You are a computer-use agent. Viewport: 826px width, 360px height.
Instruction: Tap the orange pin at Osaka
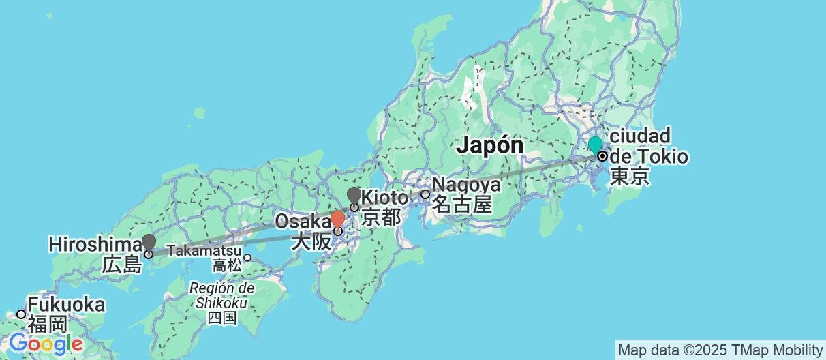pos(337,219)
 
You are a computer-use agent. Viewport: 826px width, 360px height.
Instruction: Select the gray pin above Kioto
pos(354,196)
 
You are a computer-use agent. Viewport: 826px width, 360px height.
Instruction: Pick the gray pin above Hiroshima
pos(149,242)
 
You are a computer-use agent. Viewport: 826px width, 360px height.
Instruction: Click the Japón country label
pos(490,145)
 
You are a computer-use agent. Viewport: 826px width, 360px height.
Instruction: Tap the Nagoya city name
pos(467,184)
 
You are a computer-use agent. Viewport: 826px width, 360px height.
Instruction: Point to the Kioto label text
pos(385,198)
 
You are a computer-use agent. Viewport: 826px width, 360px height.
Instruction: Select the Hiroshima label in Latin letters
pos(94,243)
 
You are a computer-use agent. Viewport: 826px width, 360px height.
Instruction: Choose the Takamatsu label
pos(204,250)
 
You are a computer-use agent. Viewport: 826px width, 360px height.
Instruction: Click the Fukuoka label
pos(66,305)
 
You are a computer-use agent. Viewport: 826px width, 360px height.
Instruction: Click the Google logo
pos(45,343)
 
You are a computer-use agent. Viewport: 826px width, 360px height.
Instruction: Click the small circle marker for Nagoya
pos(425,194)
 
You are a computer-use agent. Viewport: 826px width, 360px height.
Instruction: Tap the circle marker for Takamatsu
pos(248,258)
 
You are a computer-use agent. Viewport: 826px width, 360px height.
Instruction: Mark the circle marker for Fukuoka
pos(21,314)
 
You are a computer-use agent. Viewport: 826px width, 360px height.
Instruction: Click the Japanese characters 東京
pos(628,177)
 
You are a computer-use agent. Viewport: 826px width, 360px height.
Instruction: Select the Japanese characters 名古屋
pos(462,204)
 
